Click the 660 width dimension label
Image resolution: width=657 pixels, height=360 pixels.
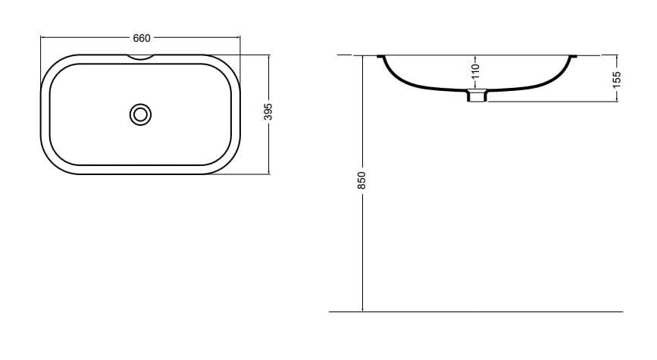pos(142,37)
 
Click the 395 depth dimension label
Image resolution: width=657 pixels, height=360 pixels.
pos(267,113)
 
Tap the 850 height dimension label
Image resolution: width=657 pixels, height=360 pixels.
pos(362,180)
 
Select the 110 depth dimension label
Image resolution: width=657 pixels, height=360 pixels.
pos(476,71)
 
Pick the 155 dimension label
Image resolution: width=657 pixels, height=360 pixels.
pos(617,78)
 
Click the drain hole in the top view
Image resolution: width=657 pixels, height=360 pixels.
pos(140,114)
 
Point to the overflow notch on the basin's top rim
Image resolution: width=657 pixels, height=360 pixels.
pos(141,55)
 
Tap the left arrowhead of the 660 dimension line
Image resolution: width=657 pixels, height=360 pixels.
pos(42,36)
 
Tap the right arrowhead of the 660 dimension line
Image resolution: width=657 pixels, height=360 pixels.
pos(239,36)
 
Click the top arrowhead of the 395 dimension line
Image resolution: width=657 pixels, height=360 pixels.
pos(268,55)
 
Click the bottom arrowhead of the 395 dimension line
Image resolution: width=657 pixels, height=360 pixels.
pos(268,173)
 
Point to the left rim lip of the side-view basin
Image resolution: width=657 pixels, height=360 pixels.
pos(380,55)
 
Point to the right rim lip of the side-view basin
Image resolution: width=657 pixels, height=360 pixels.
pos(572,55)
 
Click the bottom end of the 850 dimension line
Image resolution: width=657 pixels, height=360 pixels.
pos(363,311)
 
